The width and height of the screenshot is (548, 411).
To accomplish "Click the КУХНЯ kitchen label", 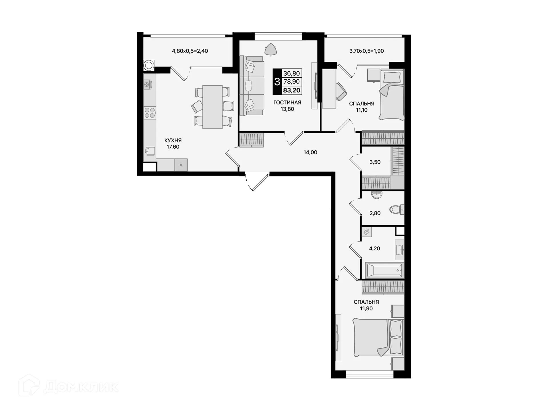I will pos(173,140).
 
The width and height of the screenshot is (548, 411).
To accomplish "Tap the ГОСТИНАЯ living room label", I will pos(287,102).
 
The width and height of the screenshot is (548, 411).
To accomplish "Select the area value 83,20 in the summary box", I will pos(291,90).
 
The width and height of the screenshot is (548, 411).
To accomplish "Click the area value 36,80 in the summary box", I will pos(291,73).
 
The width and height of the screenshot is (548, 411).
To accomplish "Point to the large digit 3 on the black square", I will pos(277,82).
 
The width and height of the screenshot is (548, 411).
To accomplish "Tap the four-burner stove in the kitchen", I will pos(150,113).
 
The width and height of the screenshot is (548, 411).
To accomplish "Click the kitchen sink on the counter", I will pos(150,150).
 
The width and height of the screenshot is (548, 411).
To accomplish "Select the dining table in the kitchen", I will pos(212,107).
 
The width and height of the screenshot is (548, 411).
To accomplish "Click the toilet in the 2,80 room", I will pos(396,209).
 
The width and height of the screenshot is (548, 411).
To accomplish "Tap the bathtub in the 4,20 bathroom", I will pos(384,270).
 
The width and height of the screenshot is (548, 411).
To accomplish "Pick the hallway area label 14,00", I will pos(310,152).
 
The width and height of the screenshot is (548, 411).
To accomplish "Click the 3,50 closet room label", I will pos(375,162).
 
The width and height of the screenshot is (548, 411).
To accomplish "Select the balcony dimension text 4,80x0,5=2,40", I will pos(190,51).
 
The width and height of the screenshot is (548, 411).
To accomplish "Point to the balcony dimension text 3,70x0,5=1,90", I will pos(366,51).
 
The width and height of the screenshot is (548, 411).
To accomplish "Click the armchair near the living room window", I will pos(270,49).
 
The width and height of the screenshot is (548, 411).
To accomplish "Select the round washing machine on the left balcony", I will pos(148,65).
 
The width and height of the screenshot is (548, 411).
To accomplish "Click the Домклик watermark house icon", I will pos(29,386).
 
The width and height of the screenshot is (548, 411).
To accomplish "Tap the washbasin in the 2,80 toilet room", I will pos(377,195).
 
